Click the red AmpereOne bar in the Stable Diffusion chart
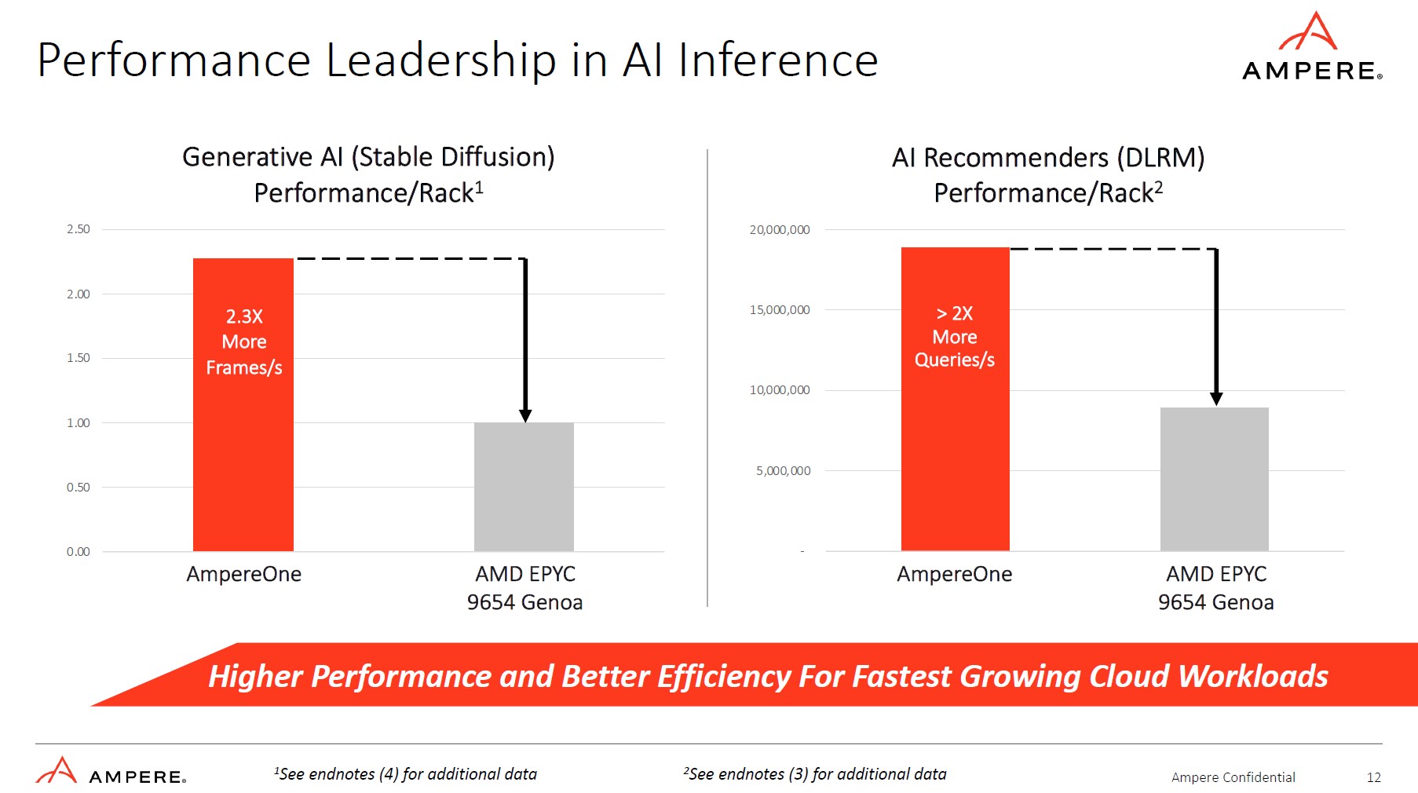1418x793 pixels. (x=243, y=455)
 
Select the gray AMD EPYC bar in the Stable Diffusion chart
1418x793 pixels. (x=524, y=487)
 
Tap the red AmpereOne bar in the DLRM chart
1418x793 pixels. (x=955, y=455)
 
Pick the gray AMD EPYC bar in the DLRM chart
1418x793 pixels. (x=1214, y=479)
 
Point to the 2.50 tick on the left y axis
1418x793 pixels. (x=79, y=229)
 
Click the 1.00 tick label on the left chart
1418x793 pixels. (x=79, y=422)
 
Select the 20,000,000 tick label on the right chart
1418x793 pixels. (x=780, y=230)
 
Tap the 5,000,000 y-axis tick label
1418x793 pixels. (x=784, y=471)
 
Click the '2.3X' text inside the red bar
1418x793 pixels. (x=244, y=316)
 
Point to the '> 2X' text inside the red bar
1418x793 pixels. (x=955, y=313)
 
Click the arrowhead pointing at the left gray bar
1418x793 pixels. (x=525, y=415)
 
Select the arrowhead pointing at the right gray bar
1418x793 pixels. (x=1216, y=399)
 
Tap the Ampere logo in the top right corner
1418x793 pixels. (x=1311, y=47)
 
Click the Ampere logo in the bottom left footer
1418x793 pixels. (x=110, y=772)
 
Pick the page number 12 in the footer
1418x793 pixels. (x=1373, y=777)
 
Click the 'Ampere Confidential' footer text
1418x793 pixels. (x=1233, y=777)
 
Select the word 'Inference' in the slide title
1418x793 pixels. (x=777, y=60)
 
